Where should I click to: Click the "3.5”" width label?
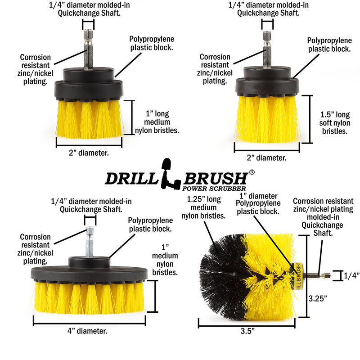point(247,331)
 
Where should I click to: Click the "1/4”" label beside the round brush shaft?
point(351,276)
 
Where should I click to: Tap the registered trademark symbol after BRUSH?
point(252,172)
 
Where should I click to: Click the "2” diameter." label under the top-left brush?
point(89,153)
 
